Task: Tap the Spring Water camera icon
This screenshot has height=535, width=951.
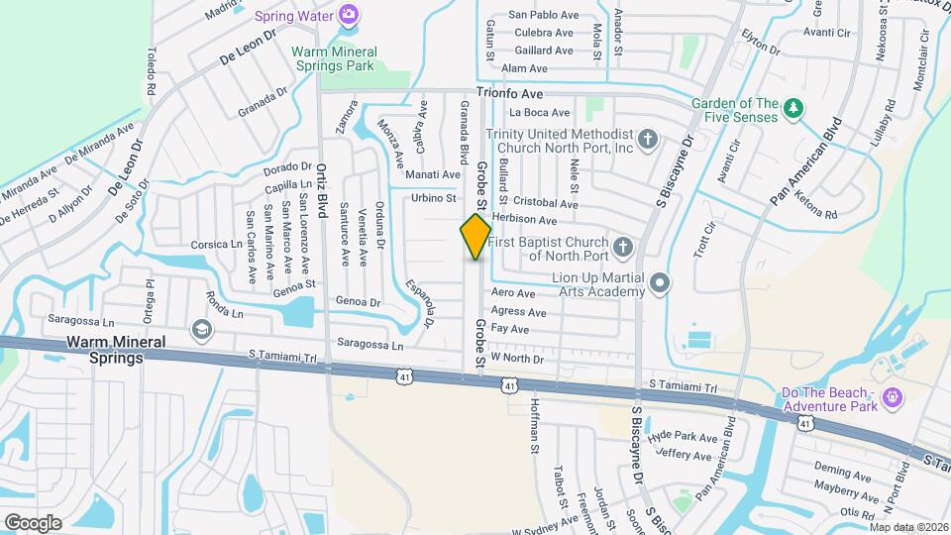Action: click(x=348, y=14)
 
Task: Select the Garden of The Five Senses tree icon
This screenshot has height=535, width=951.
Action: click(x=792, y=107)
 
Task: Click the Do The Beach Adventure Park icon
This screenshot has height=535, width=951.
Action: click(x=892, y=398)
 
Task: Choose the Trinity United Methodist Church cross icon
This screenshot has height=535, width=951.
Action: click(x=648, y=138)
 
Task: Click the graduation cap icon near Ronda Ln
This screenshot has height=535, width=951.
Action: click(x=202, y=329)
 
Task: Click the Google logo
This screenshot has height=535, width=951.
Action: click(x=33, y=522)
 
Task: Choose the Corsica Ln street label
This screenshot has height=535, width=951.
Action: click(x=217, y=243)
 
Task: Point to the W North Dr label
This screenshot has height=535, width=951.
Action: click(x=517, y=358)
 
